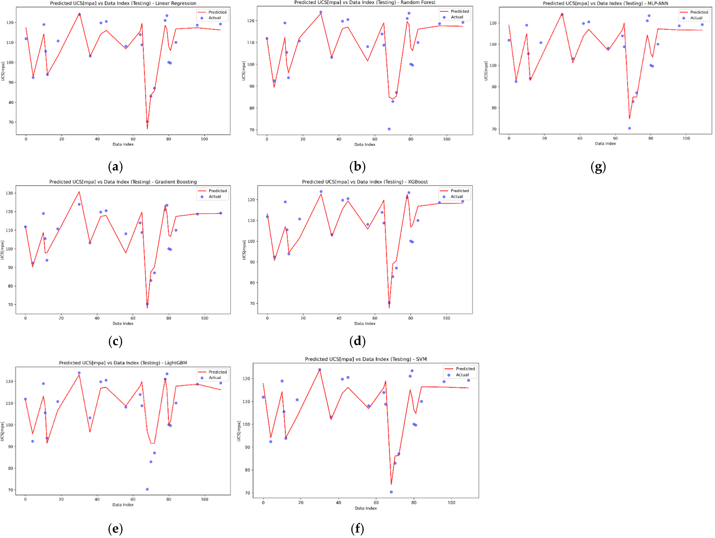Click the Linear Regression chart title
pos(123,3)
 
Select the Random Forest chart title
pos(365,3)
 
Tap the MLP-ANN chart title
pos(605,3)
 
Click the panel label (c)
pos(115,341)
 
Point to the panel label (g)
pos(598,167)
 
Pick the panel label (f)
pos(357,529)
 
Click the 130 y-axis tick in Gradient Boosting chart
pos(9,193)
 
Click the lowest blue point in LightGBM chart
pos(147,489)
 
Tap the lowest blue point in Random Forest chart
pos(389,129)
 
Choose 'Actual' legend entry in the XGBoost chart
pos(457,197)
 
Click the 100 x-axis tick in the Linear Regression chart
pos(204,139)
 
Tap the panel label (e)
pos(115,529)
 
